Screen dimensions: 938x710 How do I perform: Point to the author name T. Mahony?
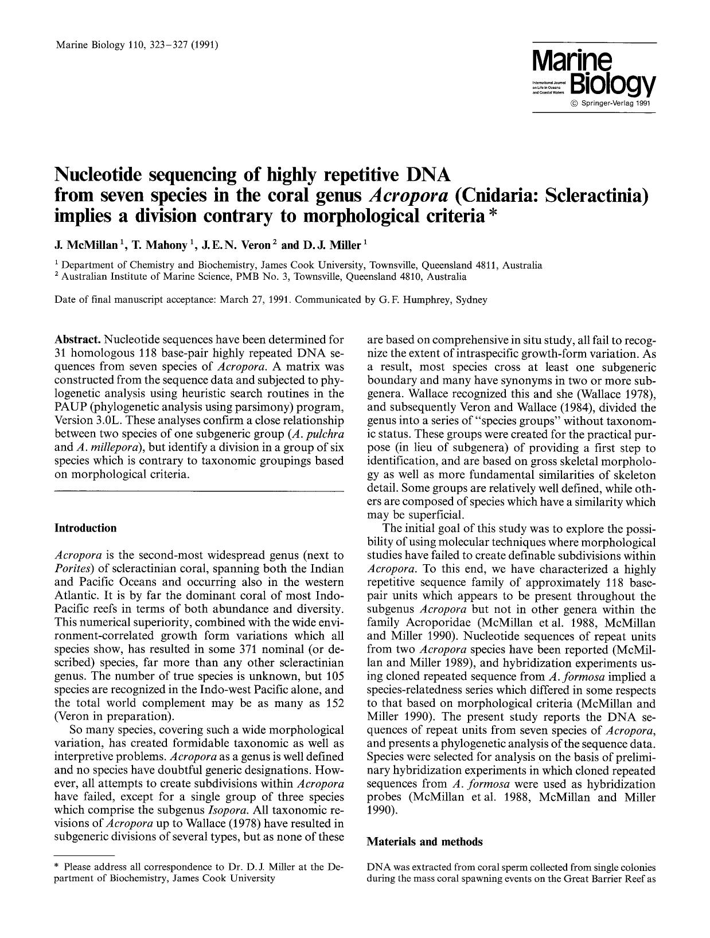click(159, 245)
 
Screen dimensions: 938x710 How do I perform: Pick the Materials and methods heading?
click(424, 842)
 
